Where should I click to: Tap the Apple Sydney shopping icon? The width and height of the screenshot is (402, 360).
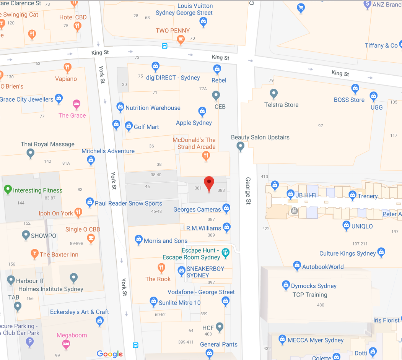[202, 112]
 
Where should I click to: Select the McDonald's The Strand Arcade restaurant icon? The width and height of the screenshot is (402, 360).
[206, 156]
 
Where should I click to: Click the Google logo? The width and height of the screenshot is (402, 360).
[110, 354]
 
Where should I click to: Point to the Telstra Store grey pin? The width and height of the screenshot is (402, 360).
[273, 93]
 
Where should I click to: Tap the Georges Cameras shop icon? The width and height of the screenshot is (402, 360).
[226, 208]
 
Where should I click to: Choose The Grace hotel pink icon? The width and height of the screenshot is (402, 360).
[76, 104]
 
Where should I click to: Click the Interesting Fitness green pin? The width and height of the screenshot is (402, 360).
[7, 190]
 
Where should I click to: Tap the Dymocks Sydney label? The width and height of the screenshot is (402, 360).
[314, 286]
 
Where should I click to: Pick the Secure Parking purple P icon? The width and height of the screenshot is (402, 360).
[30, 342]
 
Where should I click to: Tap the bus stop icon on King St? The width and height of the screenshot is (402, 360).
[164, 46]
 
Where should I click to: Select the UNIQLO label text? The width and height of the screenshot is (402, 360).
[362, 226]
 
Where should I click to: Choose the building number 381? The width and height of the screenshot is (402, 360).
[198, 188]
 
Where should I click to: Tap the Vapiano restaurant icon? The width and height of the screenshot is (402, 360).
[68, 68]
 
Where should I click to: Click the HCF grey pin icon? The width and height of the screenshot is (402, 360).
[219, 327]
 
